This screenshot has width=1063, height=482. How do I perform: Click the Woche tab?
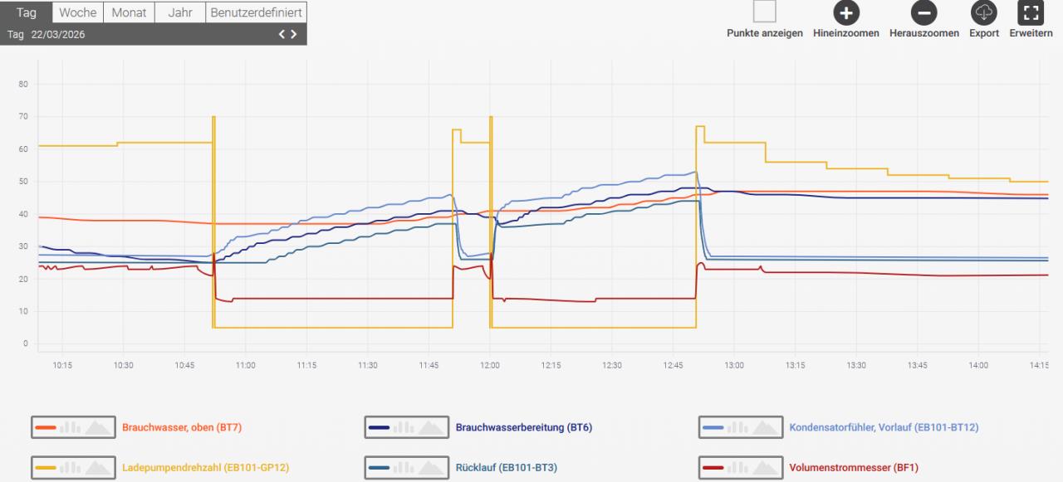(78, 12)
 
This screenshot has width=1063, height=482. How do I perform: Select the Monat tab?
(129, 12)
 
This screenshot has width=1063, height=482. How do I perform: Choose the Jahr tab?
(179, 12)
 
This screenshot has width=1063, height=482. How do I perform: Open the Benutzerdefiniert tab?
(256, 12)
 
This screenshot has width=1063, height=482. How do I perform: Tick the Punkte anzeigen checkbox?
(764, 12)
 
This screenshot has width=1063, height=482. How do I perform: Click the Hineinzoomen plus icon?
(846, 12)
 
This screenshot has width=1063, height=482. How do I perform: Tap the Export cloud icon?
(983, 12)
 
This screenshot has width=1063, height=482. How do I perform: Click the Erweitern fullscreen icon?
(1031, 12)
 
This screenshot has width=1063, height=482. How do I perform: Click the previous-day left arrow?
(282, 34)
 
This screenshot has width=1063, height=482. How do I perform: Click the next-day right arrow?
(294, 34)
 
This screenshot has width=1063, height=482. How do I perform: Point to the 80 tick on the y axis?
(23, 84)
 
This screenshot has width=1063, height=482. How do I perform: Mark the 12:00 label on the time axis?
(490, 365)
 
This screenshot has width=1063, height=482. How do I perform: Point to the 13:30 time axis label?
(856, 365)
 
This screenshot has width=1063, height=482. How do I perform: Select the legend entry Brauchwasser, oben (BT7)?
(182, 427)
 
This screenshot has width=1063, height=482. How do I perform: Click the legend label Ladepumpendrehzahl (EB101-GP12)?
(206, 468)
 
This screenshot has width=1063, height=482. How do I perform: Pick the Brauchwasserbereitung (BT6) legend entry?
(523, 427)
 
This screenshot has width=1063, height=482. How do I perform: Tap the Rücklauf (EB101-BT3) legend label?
(506, 468)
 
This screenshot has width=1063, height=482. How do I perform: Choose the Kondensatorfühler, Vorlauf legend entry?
(884, 427)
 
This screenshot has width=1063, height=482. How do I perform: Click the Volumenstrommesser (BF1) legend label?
(854, 468)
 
